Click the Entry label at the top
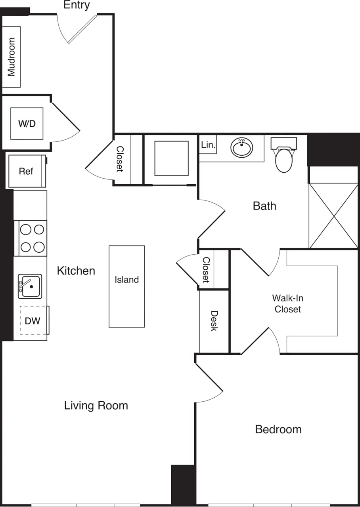[77, 5]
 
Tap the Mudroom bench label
[11, 57]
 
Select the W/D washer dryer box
[27, 124]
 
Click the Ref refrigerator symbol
[26, 171]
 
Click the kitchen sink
[30, 286]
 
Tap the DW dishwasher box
[33, 320]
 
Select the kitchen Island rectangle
[126, 286]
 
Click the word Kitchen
[76, 271]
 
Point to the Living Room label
[96, 406]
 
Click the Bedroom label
[278, 429]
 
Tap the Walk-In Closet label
[287, 304]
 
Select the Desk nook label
[214, 321]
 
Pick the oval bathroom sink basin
[241, 148]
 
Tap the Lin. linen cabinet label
[208, 145]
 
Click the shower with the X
[333, 215]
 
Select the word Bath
[264, 206]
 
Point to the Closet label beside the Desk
[206, 270]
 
